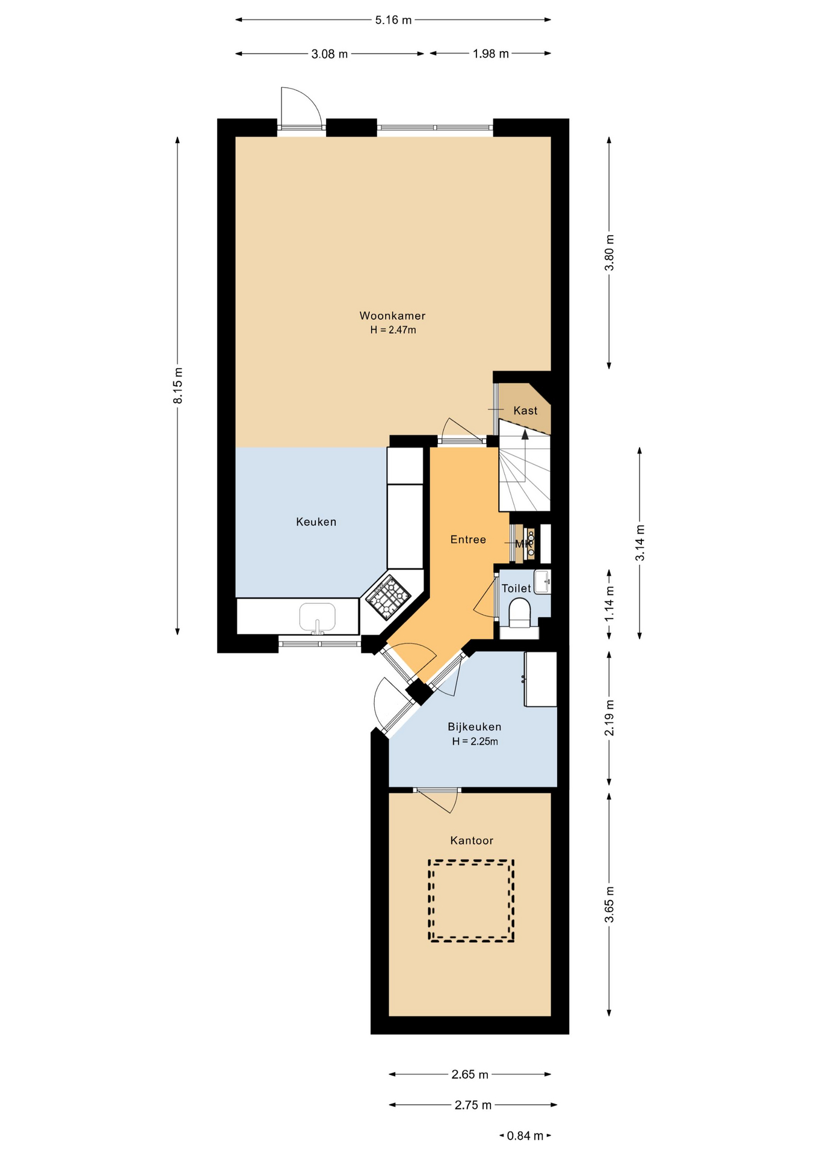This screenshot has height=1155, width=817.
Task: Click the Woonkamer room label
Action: click(392, 316)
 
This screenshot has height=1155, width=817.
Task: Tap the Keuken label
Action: click(316, 522)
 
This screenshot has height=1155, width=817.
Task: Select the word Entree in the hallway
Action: click(468, 540)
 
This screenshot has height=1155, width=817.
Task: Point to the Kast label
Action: click(525, 411)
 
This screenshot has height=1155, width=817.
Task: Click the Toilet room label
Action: click(517, 588)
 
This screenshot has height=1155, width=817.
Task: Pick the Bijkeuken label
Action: click(475, 727)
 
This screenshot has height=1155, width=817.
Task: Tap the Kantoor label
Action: click(472, 840)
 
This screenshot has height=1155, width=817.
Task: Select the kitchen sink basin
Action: click(317, 617)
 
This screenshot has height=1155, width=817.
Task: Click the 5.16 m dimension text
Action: click(393, 20)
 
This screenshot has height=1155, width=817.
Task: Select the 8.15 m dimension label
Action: click(177, 386)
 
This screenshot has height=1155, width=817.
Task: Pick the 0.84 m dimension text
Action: click(525, 1136)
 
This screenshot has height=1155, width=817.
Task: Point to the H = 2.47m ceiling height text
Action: click(393, 330)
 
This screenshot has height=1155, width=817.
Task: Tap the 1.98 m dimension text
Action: click(490, 54)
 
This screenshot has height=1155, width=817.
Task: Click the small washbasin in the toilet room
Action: click(543, 582)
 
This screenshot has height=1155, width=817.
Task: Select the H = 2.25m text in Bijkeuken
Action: click(475, 742)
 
